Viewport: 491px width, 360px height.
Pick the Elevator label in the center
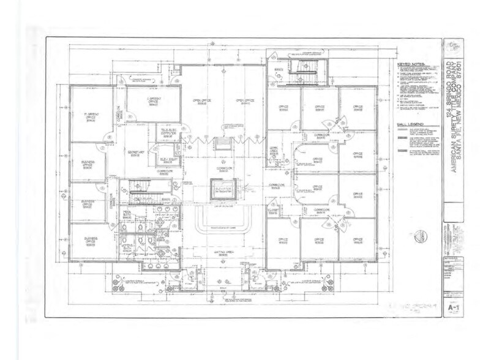218,188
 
